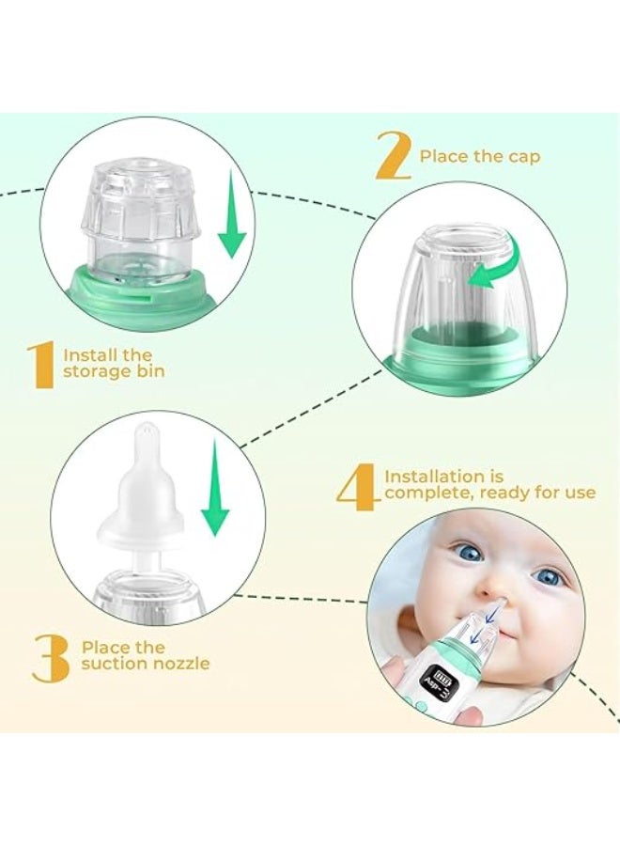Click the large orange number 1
click(41, 365)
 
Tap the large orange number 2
click(394, 155)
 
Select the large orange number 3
click(51, 658)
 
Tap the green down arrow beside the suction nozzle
click(214, 487)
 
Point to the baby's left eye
click(548, 577)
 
